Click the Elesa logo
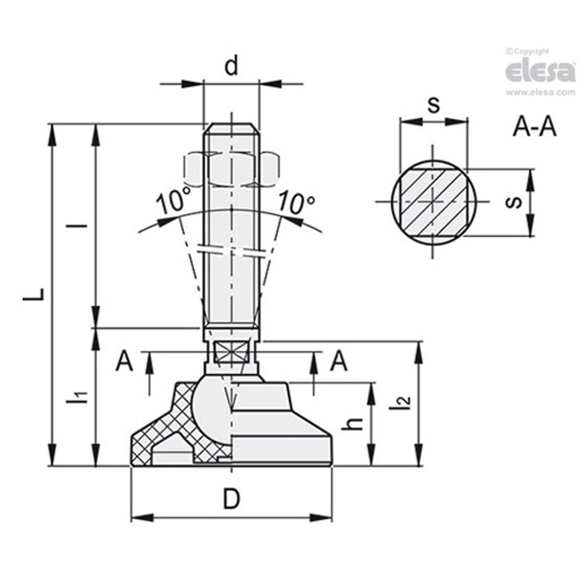coord(540,72)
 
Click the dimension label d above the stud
coord(231,67)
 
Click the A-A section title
coord(535,128)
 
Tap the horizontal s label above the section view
coord(433,105)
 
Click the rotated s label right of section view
coord(512,202)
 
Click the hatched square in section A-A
coord(432,202)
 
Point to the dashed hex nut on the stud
coord(231,169)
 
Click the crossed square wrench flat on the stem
coord(231,354)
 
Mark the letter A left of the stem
coord(124,361)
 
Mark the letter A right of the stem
coord(339,361)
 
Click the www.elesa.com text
coord(540,92)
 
